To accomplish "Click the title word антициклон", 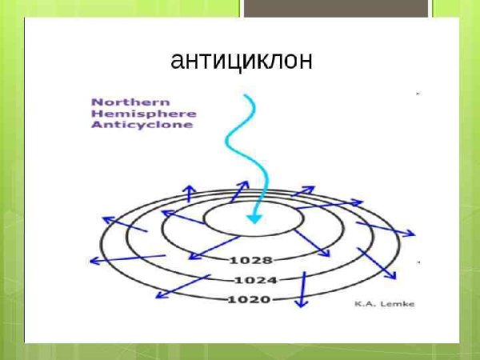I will click(241, 61).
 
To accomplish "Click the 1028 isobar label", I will click(250, 260).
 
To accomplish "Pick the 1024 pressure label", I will click(255, 280).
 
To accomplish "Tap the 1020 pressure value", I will click(249, 299).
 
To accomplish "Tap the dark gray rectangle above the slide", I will click(335, 8).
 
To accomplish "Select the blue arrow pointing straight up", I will click(189, 193).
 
